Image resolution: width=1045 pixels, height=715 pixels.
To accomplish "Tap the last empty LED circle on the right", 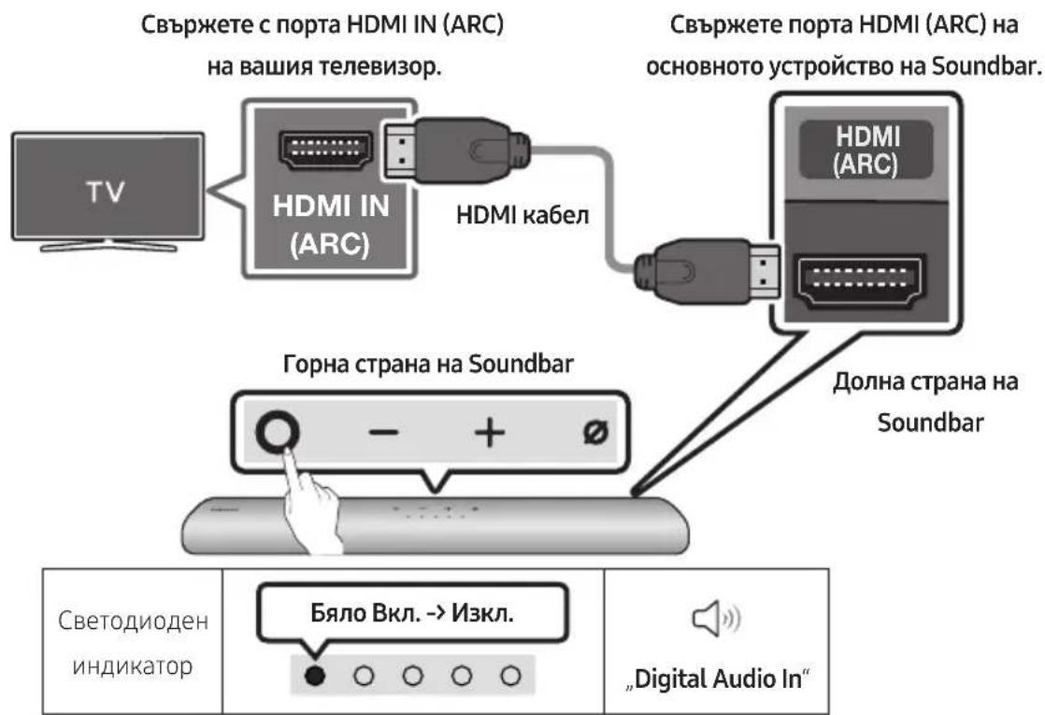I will coord(508,675).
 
